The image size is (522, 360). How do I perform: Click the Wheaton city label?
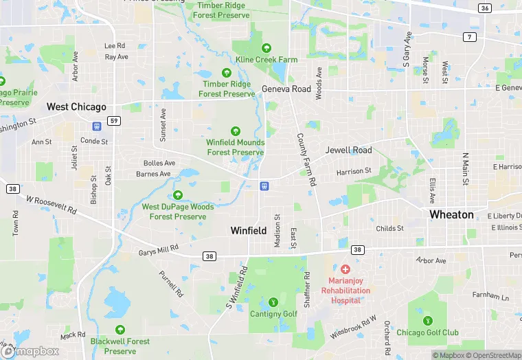pyautogui.click(x=451, y=214)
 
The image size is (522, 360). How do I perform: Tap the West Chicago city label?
pyautogui.click(x=76, y=106)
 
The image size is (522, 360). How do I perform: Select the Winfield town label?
pyautogui.click(x=248, y=231)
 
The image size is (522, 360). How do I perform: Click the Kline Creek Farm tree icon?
pyautogui.click(x=266, y=48)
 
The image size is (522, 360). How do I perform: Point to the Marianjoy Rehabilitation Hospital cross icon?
pyautogui.click(x=345, y=269)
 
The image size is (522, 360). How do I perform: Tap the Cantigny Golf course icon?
pyautogui.click(x=273, y=302)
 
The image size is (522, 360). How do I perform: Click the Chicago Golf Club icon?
pyautogui.click(x=427, y=320)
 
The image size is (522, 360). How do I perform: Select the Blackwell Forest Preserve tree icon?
pyautogui.click(x=120, y=330)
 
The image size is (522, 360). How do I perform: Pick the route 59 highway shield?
pyautogui.click(x=115, y=121)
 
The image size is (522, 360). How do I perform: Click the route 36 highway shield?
pyautogui.click(x=485, y=8)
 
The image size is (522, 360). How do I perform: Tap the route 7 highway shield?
pyautogui.click(x=470, y=36)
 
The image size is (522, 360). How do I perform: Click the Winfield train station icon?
pyautogui.click(x=264, y=186)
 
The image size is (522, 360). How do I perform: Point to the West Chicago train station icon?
pyautogui.click(x=97, y=126)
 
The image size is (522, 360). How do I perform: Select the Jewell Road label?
pyautogui.click(x=348, y=150)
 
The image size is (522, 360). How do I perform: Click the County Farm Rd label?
pyautogui.click(x=306, y=159)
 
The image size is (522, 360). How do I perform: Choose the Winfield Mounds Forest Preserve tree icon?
pyautogui.click(x=235, y=131)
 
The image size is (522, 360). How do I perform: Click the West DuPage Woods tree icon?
pyautogui.click(x=179, y=195)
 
